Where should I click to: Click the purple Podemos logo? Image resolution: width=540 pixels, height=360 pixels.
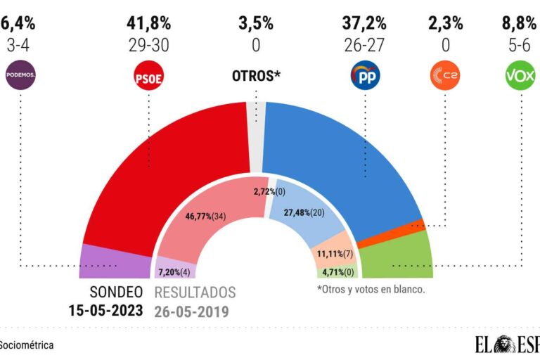coord(20,75)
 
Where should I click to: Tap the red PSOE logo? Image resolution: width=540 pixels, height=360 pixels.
coord(148,76)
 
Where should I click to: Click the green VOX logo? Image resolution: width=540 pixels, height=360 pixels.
coord(520,76)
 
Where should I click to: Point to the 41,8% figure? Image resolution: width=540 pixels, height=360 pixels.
coord(148,23)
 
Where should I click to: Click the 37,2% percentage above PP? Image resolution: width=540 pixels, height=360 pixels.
coord(364,23)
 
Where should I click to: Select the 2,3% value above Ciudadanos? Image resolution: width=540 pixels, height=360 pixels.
coord(446,23)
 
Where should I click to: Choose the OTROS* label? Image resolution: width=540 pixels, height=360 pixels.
coord(256,76)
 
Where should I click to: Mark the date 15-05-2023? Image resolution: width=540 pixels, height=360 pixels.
coord(105,309)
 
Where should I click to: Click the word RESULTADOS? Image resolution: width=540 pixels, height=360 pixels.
coord(195,292)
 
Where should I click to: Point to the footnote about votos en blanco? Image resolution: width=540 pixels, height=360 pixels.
coord(371,289)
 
